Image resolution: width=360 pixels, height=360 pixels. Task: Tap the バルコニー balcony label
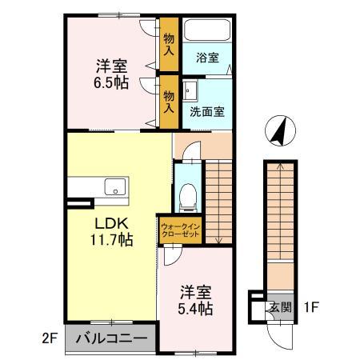pyautogui.click(x=111, y=338)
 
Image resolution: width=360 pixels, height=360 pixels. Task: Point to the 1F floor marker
pyautogui.click(x=312, y=306)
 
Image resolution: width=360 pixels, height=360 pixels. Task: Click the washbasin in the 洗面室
pyautogui.click(x=192, y=90)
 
